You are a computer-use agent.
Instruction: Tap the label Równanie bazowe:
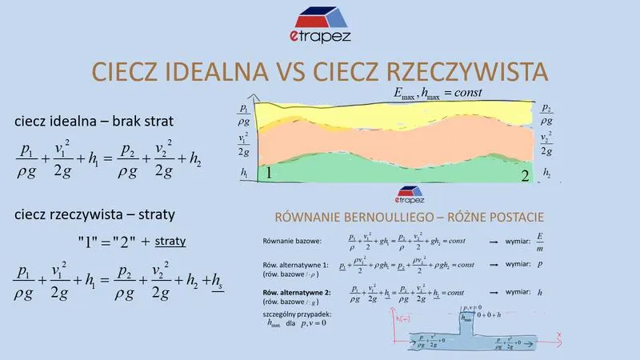tap(291, 240)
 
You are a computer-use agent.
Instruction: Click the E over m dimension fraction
tap(540, 241)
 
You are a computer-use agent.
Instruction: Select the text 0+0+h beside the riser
tap(493, 315)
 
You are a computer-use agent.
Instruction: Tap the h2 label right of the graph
tap(546, 172)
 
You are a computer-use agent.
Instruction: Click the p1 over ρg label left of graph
tap(243, 113)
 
